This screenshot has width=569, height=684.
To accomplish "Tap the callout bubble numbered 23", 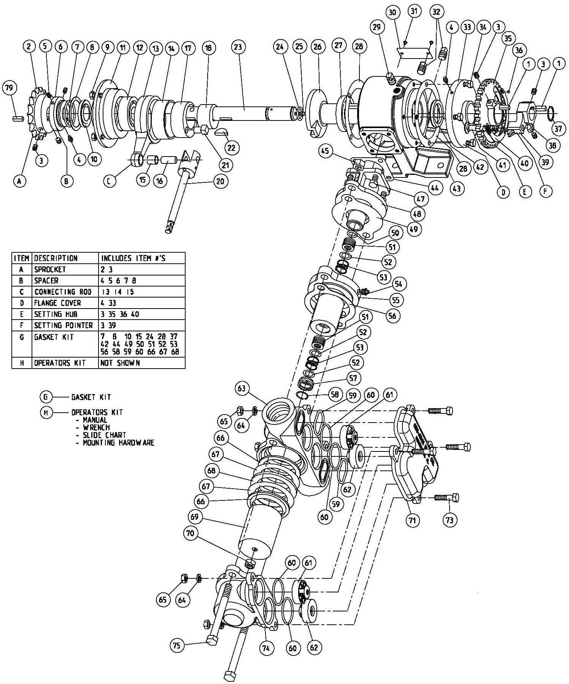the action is pyautogui.click(x=238, y=47).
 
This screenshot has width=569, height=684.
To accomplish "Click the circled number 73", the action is pyautogui.click(x=450, y=520).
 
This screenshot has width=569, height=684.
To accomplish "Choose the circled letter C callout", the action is pyautogui.click(x=109, y=181).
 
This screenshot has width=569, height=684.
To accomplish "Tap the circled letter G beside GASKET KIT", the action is pyautogui.click(x=45, y=397).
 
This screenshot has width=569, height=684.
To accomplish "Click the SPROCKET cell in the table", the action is pyautogui.click(x=50, y=269).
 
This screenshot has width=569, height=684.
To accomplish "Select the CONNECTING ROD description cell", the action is pyautogui.click(x=63, y=292).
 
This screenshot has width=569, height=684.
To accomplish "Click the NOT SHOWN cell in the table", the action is pyautogui.click(x=120, y=363).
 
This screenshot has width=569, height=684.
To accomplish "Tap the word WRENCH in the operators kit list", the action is pyautogui.click(x=96, y=427).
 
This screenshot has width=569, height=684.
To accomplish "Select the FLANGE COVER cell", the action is pyautogui.click(x=57, y=303).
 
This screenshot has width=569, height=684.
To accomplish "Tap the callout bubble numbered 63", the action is pyautogui.click(x=242, y=389).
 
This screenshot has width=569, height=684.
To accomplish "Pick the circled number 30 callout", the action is pyautogui.click(x=393, y=13).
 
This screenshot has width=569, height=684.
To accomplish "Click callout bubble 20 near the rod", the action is pyautogui.click(x=220, y=181).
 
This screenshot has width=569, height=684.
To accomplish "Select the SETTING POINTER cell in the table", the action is pyautogui.click(x=63, y=326).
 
